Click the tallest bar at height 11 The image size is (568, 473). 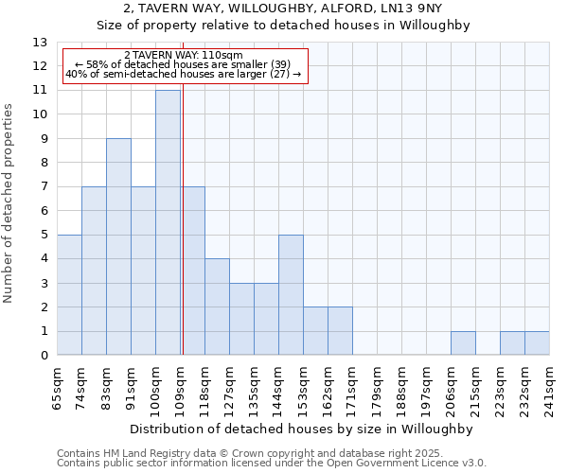coord(168,222)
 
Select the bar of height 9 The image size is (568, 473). coord(118,247)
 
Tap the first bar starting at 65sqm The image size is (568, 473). coord(69,295)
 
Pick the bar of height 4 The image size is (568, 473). coord(217,307)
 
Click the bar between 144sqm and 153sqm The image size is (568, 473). coord(291,295)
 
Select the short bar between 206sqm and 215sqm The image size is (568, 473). coord(463,343)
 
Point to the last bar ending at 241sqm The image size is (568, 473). coord(537,343)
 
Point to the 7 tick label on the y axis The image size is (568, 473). coord(44,187)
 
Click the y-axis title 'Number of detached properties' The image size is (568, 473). coord(9,203)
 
